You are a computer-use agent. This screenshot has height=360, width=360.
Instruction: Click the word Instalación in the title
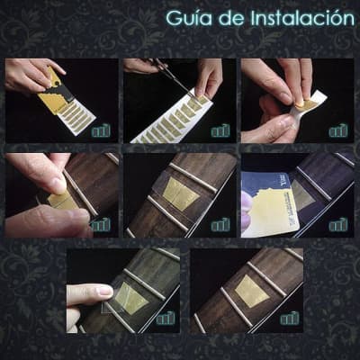302,18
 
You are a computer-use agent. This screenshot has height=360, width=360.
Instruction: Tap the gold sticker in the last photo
251,291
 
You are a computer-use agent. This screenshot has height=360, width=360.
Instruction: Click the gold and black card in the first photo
56,93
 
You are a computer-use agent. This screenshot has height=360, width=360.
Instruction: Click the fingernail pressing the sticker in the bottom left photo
105,290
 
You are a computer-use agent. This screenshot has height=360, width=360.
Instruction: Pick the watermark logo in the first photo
101,130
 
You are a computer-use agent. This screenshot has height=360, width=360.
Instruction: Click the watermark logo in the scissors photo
220,130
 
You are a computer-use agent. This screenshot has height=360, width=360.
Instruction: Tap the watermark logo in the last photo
290,319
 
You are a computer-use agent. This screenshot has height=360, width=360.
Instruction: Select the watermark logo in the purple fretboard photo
338,225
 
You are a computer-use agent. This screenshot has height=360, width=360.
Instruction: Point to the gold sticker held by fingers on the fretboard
62,201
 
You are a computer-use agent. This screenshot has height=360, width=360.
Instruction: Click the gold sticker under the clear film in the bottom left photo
131,298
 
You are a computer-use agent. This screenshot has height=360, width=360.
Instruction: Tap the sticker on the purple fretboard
303,195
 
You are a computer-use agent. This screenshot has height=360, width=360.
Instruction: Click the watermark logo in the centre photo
220,225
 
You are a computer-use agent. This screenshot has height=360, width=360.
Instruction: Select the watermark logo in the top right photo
338,130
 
